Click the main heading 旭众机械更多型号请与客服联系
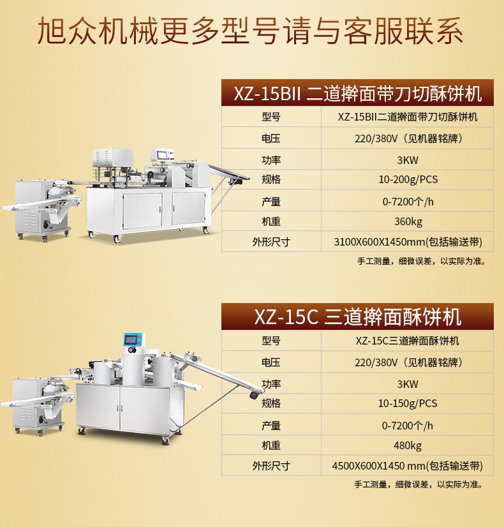pos(250,31)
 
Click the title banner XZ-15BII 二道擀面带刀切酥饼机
pos(357,93)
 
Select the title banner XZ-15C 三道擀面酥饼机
pos(357,316)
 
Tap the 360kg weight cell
pos(408,221)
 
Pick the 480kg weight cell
pos(408,445)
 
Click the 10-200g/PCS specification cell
pos(408,179)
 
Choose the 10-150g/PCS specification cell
pos(408,403)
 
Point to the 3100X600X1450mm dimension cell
pos(408,242)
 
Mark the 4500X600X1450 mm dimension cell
pos(407,466)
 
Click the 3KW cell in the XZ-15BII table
pos(408,160)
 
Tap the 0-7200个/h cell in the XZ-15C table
pos(407,426)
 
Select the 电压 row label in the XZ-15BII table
pos(271,138)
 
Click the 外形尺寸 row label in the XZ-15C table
pos(271,466)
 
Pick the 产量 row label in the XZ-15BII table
pos(271,202)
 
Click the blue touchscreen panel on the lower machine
pos(134,340)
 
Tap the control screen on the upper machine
pos(161,154)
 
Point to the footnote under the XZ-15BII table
pos(421,261)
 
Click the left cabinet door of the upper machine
pos(142,211)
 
